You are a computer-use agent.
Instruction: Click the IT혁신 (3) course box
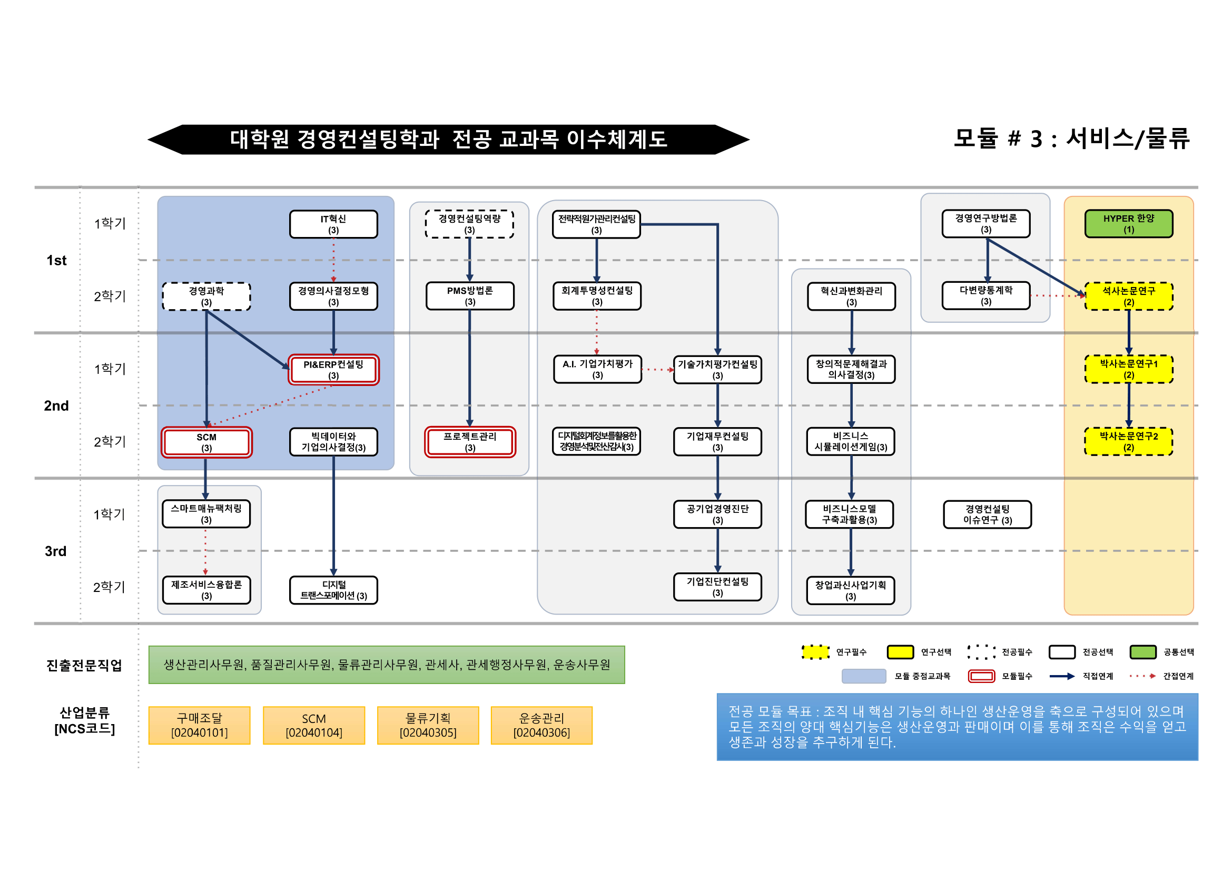[x=333, y=224]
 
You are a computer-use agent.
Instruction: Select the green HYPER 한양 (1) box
[x=1128, y=224]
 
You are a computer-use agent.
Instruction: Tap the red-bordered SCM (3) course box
[x=206, y=442]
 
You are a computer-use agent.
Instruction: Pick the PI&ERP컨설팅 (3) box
[x=333, y=370]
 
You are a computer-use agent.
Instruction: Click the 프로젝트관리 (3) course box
[x=469, y=442]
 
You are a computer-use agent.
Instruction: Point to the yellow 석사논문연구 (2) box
[x=1128, y=296]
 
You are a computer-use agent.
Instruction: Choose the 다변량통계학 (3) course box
[x=985, y=295]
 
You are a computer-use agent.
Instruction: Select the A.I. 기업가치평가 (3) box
[x=597, y=369]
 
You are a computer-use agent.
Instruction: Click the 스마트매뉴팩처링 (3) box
[x=206, y=514]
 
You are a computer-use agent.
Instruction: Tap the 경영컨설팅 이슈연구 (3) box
[x=987, y=514]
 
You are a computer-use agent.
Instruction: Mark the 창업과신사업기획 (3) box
[x=851, y=590]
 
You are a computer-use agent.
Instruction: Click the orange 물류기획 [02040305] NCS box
[x=428, y=725]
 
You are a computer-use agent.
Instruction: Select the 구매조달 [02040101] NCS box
[x=199, y=725]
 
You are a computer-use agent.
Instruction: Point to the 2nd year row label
[x=56, y=405]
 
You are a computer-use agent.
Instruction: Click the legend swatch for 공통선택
[x=1142, y=651]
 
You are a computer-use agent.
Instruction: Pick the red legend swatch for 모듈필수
[x=981, y=676]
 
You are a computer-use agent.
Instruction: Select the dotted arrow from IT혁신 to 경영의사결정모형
[x=333, y=260]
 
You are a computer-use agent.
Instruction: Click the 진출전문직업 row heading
[x=84, y=665]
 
